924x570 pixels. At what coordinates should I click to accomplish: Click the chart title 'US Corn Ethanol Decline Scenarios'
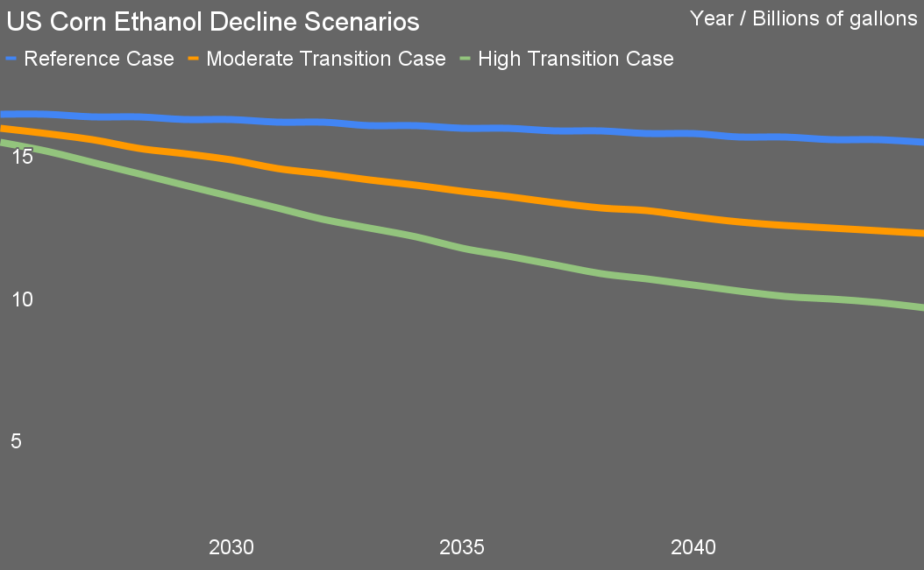[x=213, y=21]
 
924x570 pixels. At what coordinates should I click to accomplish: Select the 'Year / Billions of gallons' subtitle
[x=803, y=18]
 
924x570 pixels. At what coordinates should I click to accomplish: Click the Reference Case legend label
[x=99, y=59]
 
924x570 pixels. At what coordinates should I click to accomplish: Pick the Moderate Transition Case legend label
[x=326, y=59]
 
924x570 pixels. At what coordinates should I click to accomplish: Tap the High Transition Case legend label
[x=576, y=59]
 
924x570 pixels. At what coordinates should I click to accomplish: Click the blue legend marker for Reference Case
[x=11, y=59]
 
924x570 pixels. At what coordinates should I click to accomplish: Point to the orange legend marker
[x=195, y=59]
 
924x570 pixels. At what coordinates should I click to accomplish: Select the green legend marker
[x=466, y=59]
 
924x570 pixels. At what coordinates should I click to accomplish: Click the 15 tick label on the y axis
[x=22, y=157]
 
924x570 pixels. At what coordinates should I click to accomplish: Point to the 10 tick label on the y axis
[x=22, y=299]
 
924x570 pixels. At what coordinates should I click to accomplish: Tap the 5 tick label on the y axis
[x=16, y=441]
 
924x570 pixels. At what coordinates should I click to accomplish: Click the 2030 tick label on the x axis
[x=231, y=548]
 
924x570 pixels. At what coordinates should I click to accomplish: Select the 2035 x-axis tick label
[x=462, y=548]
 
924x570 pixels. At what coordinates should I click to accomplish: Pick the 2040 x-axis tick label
[x=693, y=548]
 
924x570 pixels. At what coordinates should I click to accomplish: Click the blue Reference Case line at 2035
[x=462, y=128]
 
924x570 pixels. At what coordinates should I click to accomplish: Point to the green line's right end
[x=920, y=306]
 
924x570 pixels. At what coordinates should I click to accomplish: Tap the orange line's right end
[x=920, y=233]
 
